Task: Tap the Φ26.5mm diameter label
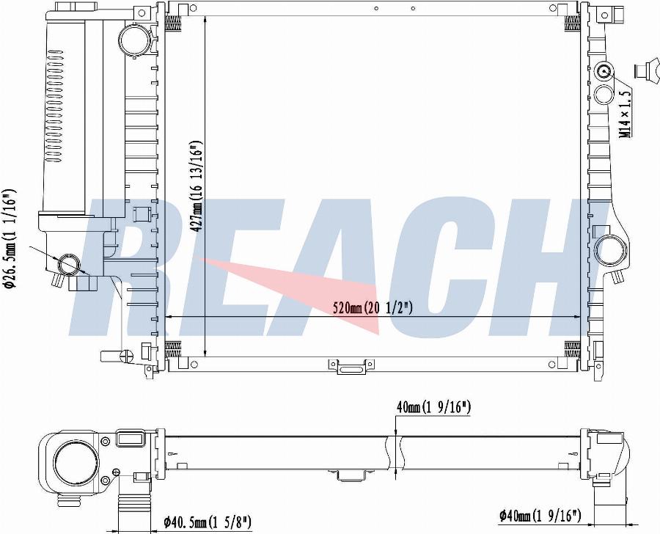10,238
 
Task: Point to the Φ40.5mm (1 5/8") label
208,522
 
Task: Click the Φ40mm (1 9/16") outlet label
540,515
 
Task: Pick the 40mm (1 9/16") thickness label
433,407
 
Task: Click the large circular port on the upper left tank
135,39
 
